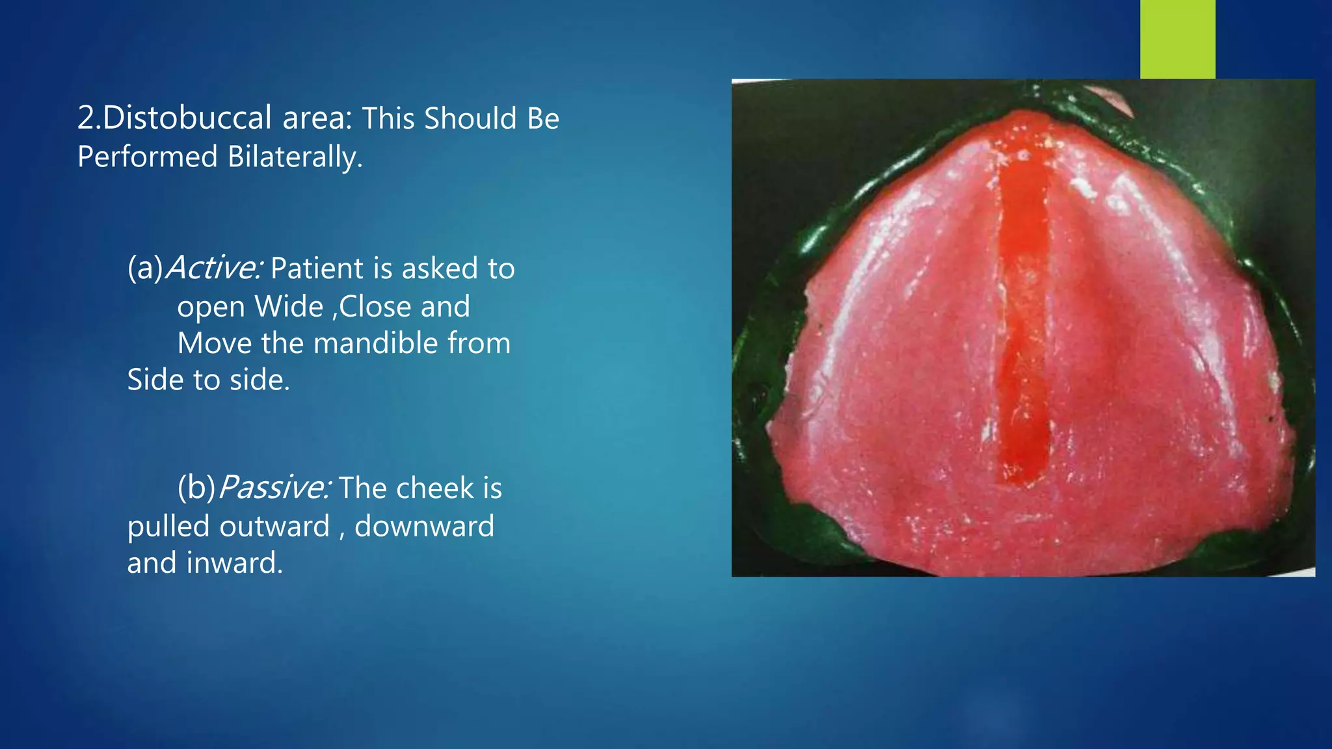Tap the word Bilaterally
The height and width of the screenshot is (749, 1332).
point(295,157)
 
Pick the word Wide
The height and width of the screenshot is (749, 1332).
point(289,307)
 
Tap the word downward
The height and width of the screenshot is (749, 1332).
point(424,526)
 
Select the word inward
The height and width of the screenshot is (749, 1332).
point(234,563)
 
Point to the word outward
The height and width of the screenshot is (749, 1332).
point(274,526)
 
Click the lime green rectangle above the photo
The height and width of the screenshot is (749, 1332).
point(1177,39)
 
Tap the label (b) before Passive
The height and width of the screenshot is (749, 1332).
point(196,488)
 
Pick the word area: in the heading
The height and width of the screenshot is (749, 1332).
point(317,118)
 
